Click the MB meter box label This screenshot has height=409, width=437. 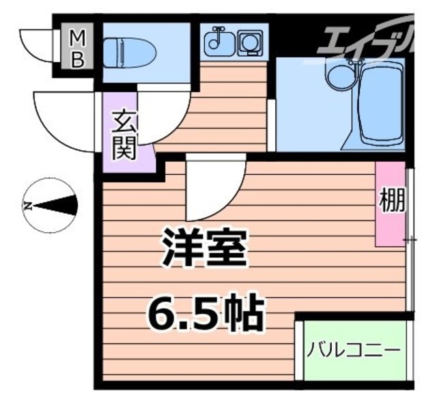click(79, 46)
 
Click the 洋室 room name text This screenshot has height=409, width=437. click(203, 250)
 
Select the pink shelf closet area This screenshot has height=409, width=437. click(389, 205)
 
